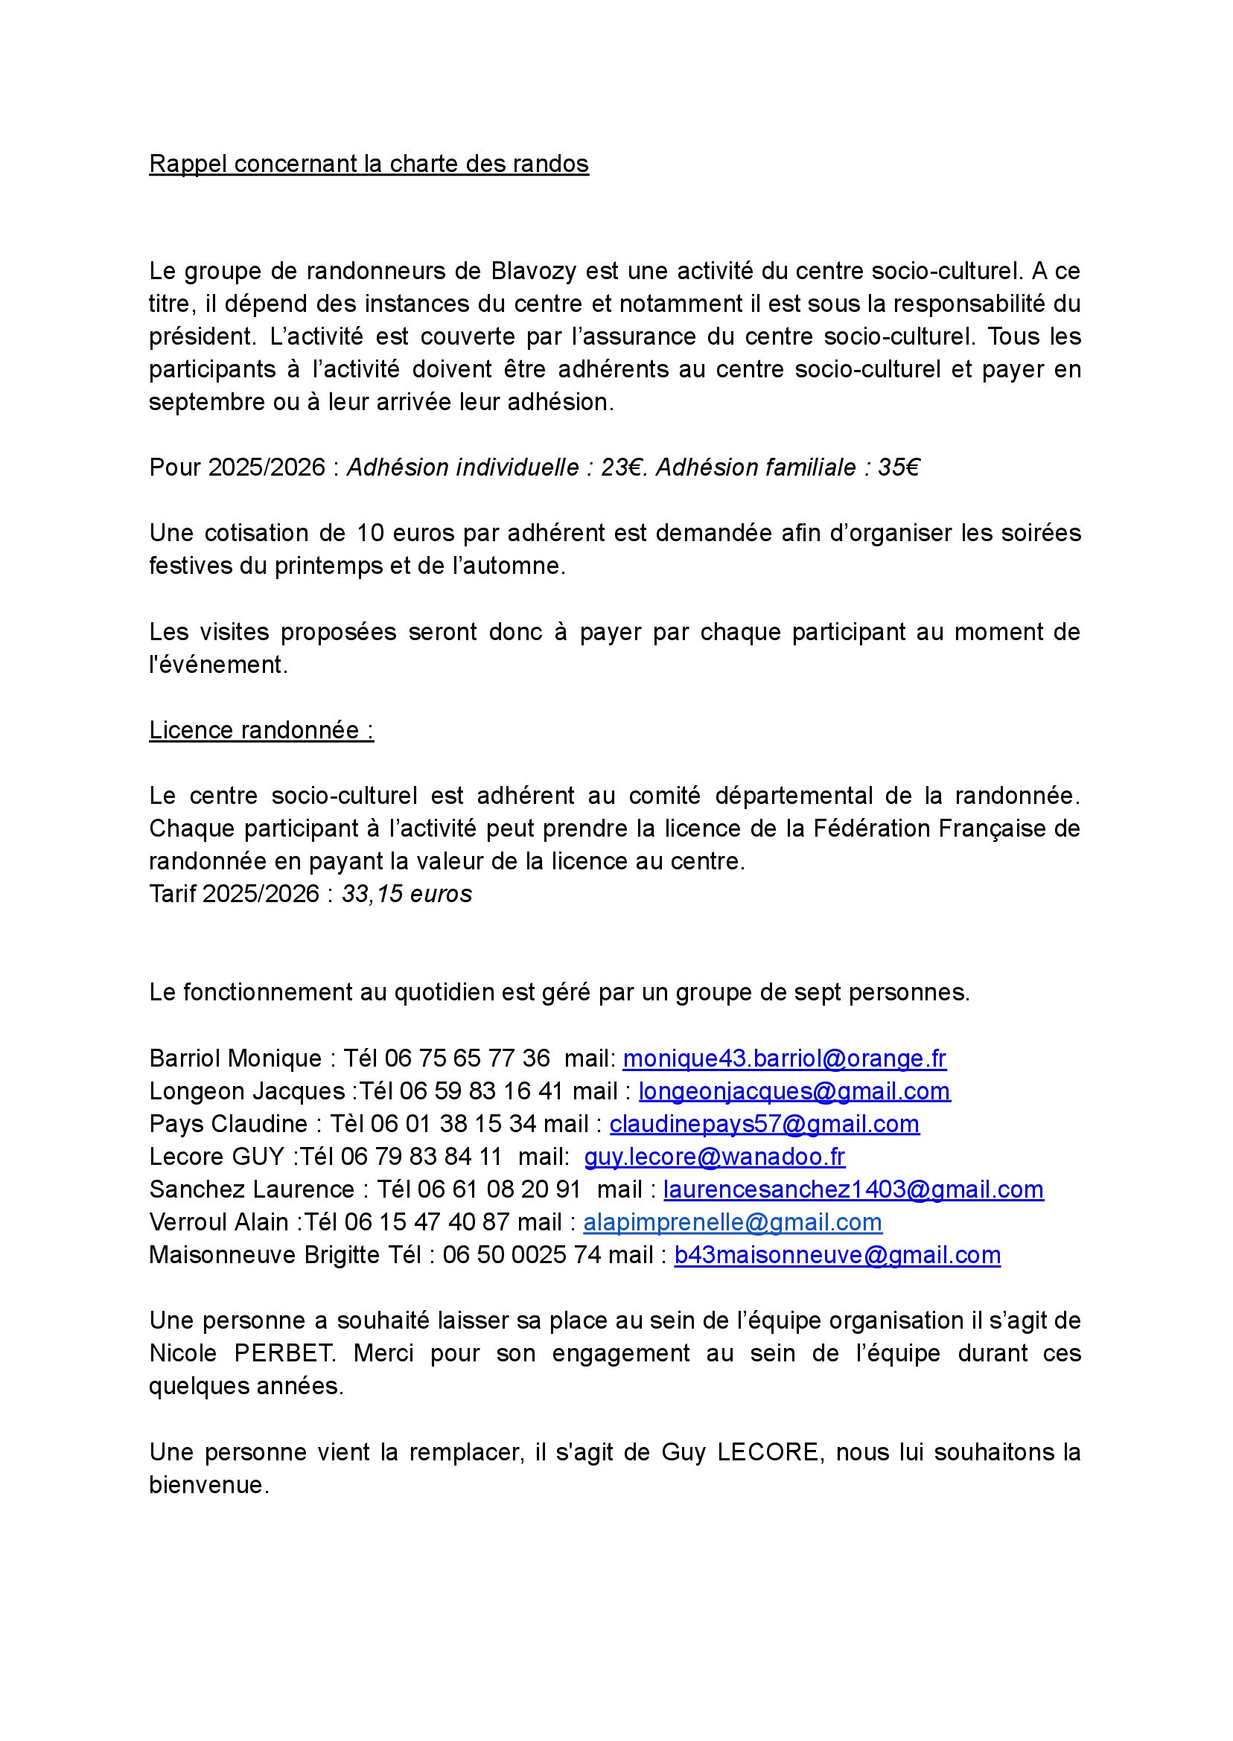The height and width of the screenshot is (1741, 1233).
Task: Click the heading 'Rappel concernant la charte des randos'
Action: coord(369,164)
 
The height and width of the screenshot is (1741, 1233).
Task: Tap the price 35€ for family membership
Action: coord(898,467)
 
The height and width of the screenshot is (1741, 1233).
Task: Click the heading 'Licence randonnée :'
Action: coord(261,730)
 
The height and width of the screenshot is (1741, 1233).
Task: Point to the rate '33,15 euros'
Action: coord(407,894)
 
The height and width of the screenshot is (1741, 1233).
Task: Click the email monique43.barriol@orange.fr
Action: coord(784,1058)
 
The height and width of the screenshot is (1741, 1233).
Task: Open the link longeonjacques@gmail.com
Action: coord(794,1091)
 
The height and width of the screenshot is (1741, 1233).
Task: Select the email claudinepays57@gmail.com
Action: coord(765,1124)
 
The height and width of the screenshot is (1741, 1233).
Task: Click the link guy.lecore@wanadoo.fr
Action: coord(714,1157)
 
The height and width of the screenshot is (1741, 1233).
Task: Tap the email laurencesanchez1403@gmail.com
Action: coord(853,1189)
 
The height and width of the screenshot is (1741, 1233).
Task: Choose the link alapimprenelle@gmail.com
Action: coord(732,1223)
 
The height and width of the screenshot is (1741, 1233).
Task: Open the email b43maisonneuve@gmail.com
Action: coord(837,1255)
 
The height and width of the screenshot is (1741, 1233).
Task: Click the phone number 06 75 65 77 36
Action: coord(467,1058)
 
